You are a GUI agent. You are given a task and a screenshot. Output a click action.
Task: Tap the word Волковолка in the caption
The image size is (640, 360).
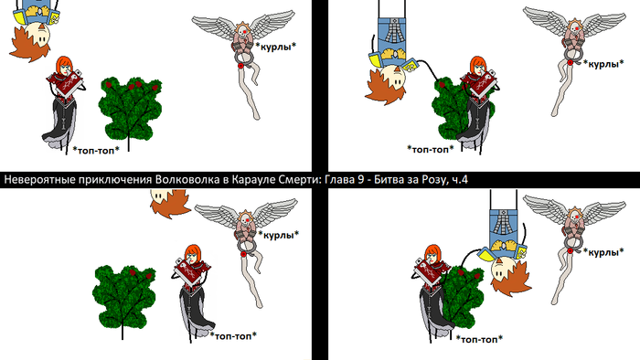pos(187,180)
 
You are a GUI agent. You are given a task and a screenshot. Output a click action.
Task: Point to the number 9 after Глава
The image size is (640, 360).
pos(360,180)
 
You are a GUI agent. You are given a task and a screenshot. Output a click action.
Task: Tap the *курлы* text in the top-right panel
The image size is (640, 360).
pos(603,64)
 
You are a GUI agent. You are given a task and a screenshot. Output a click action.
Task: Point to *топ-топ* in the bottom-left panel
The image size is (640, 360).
pos(233,335)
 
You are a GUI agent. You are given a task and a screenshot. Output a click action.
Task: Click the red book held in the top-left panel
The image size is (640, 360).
pos(68,83)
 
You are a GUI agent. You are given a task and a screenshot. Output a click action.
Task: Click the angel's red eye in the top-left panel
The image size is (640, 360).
pos(244,31)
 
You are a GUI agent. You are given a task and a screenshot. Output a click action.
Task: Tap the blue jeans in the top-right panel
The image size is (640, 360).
pos(392,35)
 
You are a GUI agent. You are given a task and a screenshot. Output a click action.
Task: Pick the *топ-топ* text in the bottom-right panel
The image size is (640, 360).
pos(480,339)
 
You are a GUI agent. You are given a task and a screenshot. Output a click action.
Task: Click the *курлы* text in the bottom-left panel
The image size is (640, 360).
pos(278,235)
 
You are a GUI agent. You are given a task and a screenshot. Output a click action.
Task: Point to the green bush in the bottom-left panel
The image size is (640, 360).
pos(123,296)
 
